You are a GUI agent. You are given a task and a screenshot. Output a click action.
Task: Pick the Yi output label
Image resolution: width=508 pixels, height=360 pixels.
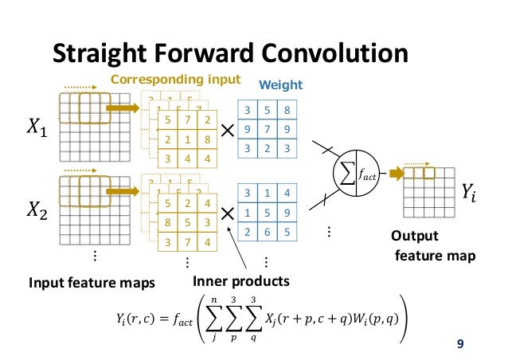471,190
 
